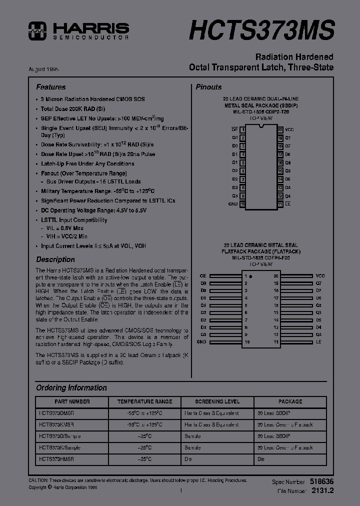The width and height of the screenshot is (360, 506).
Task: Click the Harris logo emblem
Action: [36, 30]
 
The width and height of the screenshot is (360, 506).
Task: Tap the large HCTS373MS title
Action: [261, 29]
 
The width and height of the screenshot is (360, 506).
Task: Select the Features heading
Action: [50, 87]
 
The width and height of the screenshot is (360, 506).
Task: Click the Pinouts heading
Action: [208, 87]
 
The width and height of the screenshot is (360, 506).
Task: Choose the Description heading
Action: [55, 259]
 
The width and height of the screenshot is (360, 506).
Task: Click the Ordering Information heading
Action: [71, 387]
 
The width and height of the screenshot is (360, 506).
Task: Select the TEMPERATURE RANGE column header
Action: [144, 401]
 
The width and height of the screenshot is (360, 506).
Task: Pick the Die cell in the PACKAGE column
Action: [261, 458]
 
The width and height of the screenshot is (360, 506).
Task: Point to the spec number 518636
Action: [322, 481]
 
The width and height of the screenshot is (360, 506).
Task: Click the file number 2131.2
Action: [322, 491]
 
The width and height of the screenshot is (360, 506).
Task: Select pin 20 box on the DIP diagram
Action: [280, 129]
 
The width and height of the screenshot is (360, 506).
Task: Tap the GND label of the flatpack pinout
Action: [201, 342]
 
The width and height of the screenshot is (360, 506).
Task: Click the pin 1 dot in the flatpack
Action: [250, 276]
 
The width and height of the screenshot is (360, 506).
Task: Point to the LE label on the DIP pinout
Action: [288, 204]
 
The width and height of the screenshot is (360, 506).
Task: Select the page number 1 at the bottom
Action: [180, 491]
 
